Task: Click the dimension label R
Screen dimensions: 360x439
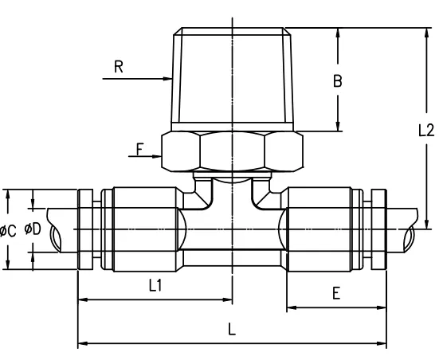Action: point(118,67)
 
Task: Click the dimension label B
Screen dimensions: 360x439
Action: point(337,80)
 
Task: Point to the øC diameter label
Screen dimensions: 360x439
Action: point(9,231)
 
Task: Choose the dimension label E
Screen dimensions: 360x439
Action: point(336,293)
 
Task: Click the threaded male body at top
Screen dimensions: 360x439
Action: point(232,80)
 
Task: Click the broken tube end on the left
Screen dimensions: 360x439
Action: point(57,231)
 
